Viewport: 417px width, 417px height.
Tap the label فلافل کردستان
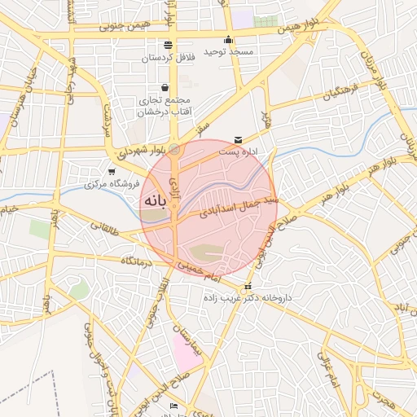point(168,58)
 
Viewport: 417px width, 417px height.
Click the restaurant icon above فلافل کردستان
point(168,45)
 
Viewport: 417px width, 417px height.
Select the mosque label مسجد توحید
point(229,52)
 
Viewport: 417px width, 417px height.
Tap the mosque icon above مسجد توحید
point(229,40)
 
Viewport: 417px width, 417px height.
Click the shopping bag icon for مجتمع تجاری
point(165,87)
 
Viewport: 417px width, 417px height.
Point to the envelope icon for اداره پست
point(238,140)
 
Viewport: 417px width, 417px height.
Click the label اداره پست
point(237,151)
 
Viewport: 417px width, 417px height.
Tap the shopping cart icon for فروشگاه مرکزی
point(112,172)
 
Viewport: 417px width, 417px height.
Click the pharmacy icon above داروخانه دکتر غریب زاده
point(248,286)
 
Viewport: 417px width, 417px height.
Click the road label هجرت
point(383,398)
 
